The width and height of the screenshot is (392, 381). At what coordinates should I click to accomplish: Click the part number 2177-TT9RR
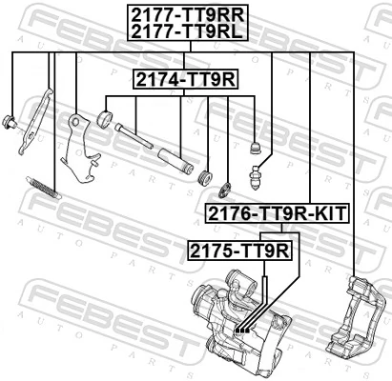[x=187, y=14]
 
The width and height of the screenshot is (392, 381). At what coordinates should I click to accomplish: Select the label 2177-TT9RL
[x=187, y=32]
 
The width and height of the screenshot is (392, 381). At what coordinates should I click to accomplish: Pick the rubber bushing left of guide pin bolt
[x=106, y=121]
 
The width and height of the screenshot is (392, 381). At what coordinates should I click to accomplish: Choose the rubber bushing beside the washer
[x=204, y=177]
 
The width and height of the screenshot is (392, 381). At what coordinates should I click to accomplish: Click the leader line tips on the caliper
[x=241, y=329]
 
